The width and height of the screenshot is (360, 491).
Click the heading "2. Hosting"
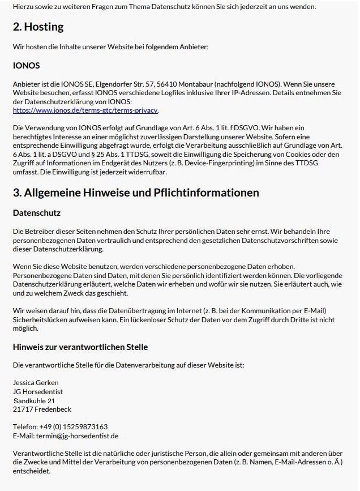[38, 27]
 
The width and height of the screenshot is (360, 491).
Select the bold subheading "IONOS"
[26, 66]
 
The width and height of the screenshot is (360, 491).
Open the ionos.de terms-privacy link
[85, 110]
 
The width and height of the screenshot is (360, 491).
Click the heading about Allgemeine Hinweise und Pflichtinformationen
[136, 193]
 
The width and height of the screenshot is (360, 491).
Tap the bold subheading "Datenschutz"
[36, 214]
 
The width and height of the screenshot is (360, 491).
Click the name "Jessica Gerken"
[36, 383]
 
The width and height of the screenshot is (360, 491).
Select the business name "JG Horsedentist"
[38, 392]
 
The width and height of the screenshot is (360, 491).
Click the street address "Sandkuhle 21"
[34, 400]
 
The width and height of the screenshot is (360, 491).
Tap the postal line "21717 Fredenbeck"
[42, 409]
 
